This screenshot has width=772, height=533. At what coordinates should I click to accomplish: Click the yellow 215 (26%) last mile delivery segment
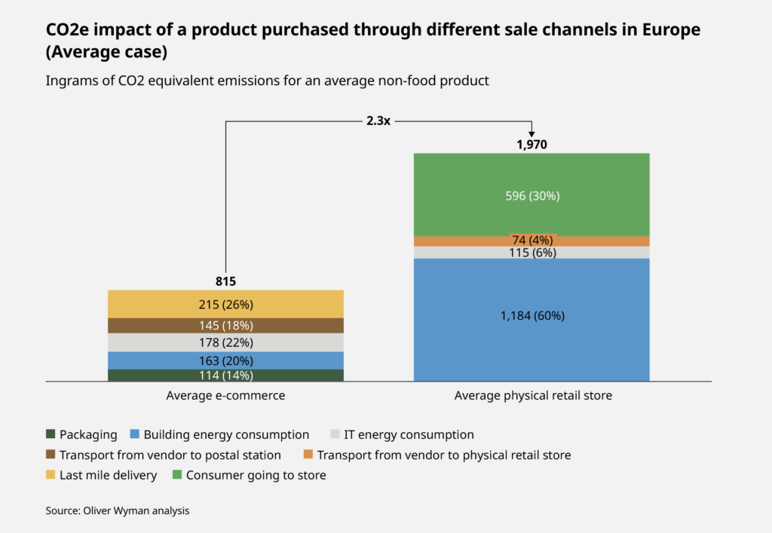[226, 304]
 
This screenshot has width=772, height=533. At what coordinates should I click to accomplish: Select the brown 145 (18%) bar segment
[226, 325]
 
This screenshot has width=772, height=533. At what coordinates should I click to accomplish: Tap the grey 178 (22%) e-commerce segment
[226, 343]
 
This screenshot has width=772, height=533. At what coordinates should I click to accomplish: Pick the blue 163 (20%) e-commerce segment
[226, 360]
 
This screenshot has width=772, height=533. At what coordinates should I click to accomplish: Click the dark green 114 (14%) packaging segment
[226, 375]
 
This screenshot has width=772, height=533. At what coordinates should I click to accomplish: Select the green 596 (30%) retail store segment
[532, 195]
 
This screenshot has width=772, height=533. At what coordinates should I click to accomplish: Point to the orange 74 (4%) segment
[532, 241]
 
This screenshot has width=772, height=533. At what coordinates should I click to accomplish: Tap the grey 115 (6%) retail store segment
[532, 253]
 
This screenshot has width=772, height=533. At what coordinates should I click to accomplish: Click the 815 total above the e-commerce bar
[226, 282]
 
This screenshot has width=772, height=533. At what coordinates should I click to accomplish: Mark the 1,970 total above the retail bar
[532, 144]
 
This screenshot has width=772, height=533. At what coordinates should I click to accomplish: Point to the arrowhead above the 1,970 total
[532, 132]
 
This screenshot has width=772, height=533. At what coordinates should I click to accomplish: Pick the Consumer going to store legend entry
[249, 475]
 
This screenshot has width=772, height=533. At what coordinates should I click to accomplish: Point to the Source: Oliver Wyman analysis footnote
[117, 510]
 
